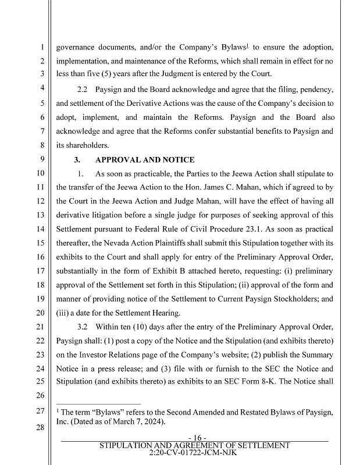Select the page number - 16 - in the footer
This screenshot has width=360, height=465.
194,438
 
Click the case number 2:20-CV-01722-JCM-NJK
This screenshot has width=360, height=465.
194,452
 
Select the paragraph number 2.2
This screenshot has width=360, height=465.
85,90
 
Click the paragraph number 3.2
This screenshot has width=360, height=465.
85,327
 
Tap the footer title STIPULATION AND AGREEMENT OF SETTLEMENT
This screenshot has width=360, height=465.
194,445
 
